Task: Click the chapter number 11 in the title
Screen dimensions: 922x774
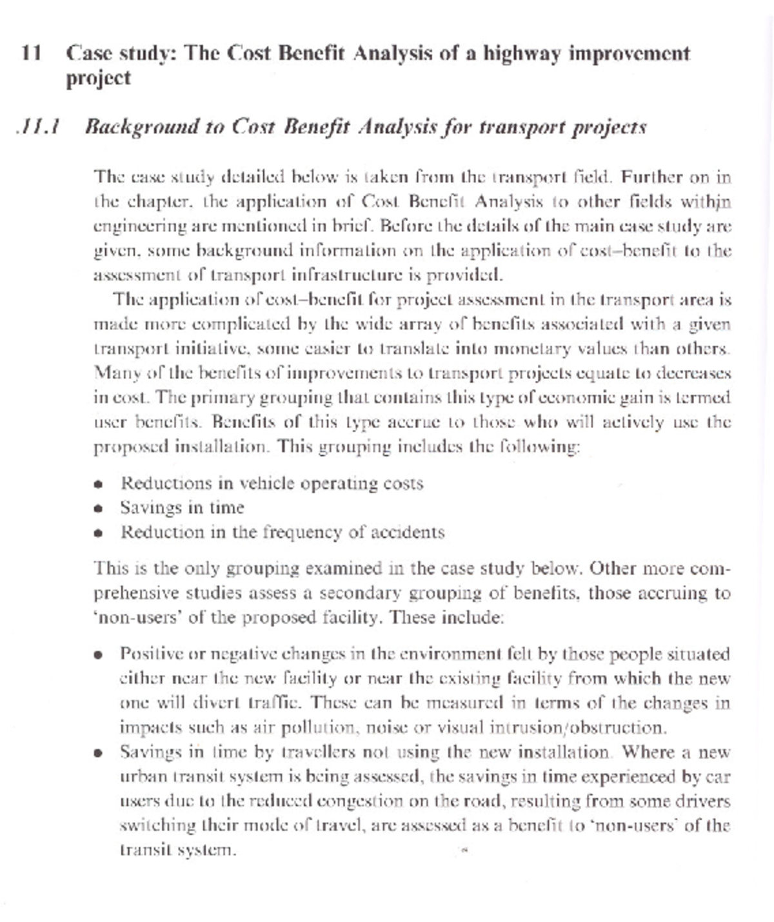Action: pyautogui.click(x=31, y=53)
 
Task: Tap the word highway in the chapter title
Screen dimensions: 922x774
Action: pyautogui.click(x=522, y=53)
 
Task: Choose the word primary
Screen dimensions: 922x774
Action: pyautogui.click(x=197, y=397)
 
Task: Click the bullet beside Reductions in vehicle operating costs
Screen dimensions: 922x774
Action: pyautogui.click(x=98, y=484)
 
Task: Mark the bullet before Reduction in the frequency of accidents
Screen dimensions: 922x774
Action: pyautogui.click(x=98, y=533)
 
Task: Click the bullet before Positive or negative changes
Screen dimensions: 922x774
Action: pyautogui.click(x=98, y=655)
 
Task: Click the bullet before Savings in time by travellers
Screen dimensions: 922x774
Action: pyautogui.click(x=98, y=753)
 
